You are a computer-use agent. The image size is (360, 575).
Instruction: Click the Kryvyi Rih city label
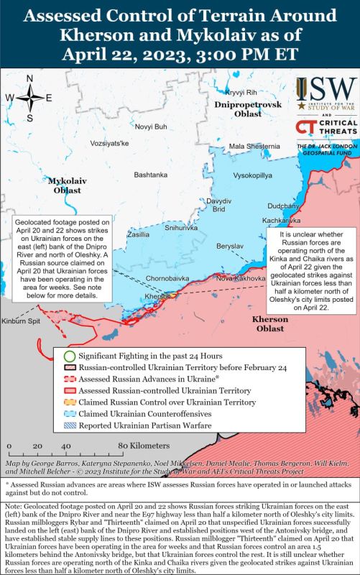241,93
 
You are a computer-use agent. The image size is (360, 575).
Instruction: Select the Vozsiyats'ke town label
109,144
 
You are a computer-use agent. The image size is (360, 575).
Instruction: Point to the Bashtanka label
151,175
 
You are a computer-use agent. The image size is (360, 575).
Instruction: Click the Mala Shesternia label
254,147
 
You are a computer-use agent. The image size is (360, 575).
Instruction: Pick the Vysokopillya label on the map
253,175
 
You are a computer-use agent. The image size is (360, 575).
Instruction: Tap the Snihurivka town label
181,227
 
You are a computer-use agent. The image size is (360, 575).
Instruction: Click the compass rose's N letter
29,79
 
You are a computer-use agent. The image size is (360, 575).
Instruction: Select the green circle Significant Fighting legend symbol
68,356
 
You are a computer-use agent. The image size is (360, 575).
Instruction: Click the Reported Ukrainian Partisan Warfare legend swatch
68,425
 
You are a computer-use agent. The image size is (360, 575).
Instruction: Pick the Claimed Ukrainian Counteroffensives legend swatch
68,414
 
